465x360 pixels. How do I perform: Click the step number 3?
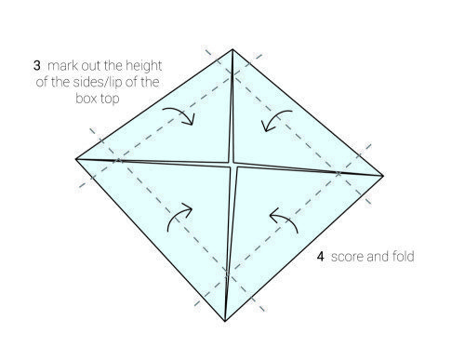(x=37, y=66)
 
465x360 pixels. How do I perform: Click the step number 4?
(x=321, y=257)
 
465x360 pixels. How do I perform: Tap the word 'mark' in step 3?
(x=63, y=66)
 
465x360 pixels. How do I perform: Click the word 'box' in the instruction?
(x=84, y=99)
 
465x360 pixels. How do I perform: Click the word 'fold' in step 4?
(x=403, y=256)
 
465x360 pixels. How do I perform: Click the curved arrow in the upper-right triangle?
(x=273, y=117)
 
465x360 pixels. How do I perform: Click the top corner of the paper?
(x=232, y=49)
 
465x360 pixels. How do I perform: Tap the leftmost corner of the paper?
(x=76, y=159)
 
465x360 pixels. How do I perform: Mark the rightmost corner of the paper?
(x=383, y=176)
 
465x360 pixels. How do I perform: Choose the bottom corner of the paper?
(x=225, y=321)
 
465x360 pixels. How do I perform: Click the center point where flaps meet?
(x=232, y=165)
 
